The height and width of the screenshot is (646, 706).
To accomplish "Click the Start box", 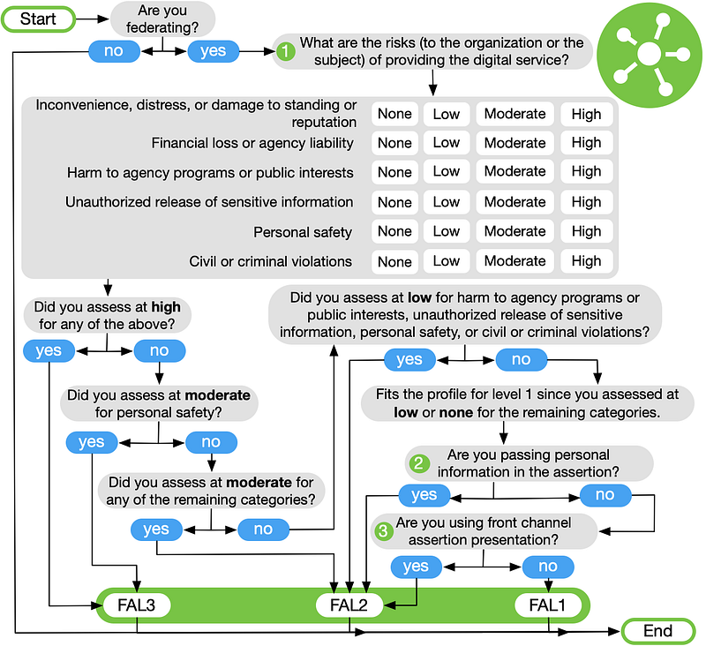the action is point(38,19).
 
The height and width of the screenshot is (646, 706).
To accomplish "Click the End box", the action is point(657,631).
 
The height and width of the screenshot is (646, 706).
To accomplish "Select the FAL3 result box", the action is point(137,605).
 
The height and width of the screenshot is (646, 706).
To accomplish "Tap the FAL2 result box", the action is point(349,605).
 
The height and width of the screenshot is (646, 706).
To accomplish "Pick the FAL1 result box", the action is point(547,605).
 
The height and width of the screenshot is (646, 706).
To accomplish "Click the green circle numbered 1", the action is point(285,51).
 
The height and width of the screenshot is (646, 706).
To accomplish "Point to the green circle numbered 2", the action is point(418,463).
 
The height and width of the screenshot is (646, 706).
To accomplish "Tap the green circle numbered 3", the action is point(383,530).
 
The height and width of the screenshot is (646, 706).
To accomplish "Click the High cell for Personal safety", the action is point(586,231).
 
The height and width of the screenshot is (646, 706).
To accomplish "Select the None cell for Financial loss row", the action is point(394,143).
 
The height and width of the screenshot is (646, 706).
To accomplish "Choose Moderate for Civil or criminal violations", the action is point(514,261).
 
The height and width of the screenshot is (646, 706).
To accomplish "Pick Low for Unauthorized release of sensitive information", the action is point(447,202).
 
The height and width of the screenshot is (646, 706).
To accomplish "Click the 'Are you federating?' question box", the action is point(162,19).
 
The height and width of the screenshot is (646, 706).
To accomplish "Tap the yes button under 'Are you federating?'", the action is point(213,51).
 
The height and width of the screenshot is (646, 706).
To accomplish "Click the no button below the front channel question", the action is point(548,567).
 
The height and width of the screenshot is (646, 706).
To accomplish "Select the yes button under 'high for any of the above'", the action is point(49,350).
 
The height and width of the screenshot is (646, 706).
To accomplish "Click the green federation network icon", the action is point(650,55).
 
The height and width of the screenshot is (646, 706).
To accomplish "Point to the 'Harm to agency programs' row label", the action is point(210,172).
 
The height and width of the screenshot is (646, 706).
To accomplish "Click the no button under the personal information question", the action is point(605,495).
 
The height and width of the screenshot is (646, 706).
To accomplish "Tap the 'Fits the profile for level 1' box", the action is point(527,403).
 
